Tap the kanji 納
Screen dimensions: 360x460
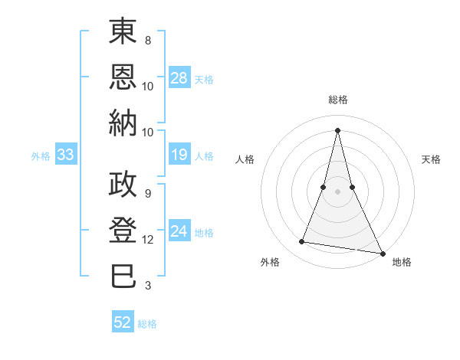coord(123,123)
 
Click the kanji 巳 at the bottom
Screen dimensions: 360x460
coord(123,276)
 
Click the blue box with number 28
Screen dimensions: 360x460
coord(179,77)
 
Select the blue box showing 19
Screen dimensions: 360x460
coord(179,155)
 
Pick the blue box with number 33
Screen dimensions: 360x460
coord(65,155)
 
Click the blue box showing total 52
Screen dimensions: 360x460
coord(123,322)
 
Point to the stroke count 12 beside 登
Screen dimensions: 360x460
coord(148,240)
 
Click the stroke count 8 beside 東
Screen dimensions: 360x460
coord(147,41)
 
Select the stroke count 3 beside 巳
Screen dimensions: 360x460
coord(147,286)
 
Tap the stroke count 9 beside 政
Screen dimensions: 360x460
coord(147,194)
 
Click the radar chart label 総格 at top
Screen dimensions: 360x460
coord(337,100)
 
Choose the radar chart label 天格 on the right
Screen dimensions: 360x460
coord(431,159)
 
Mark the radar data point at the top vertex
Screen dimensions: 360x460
coord(337,129)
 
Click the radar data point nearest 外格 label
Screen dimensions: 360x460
coord(302,242)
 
